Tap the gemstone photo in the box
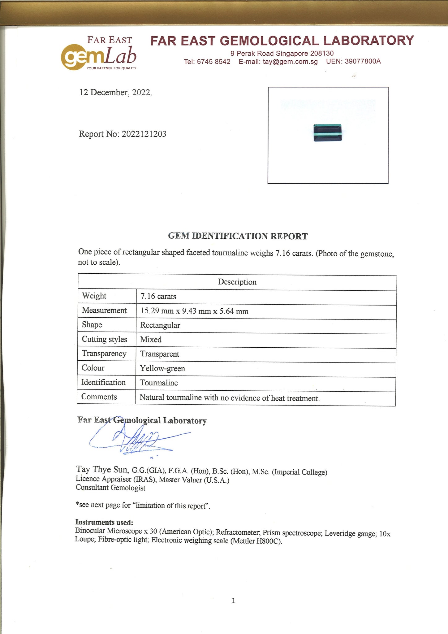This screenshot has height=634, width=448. (x=327, y=133)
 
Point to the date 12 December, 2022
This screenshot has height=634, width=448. (x=116, y=93)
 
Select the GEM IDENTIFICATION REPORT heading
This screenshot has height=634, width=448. (x=238, y=236)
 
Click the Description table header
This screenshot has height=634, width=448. (x=237, y=282)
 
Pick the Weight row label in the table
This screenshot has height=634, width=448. (x=94, y=296)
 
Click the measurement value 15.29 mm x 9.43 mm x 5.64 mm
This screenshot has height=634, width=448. (x=194, y=311)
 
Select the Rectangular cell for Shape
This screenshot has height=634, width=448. (x=160, y=325)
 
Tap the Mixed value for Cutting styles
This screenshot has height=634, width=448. (x=151, y=340)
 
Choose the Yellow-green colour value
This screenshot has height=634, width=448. (x=162, y=368)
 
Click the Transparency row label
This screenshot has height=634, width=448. (x=104, y=354)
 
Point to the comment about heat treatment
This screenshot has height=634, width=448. (x=229, y=398)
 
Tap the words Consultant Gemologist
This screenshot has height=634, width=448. (x=110, y=488)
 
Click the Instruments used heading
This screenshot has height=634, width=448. (x=104, y=523)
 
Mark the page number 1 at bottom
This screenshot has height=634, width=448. (x=233, y=601)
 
